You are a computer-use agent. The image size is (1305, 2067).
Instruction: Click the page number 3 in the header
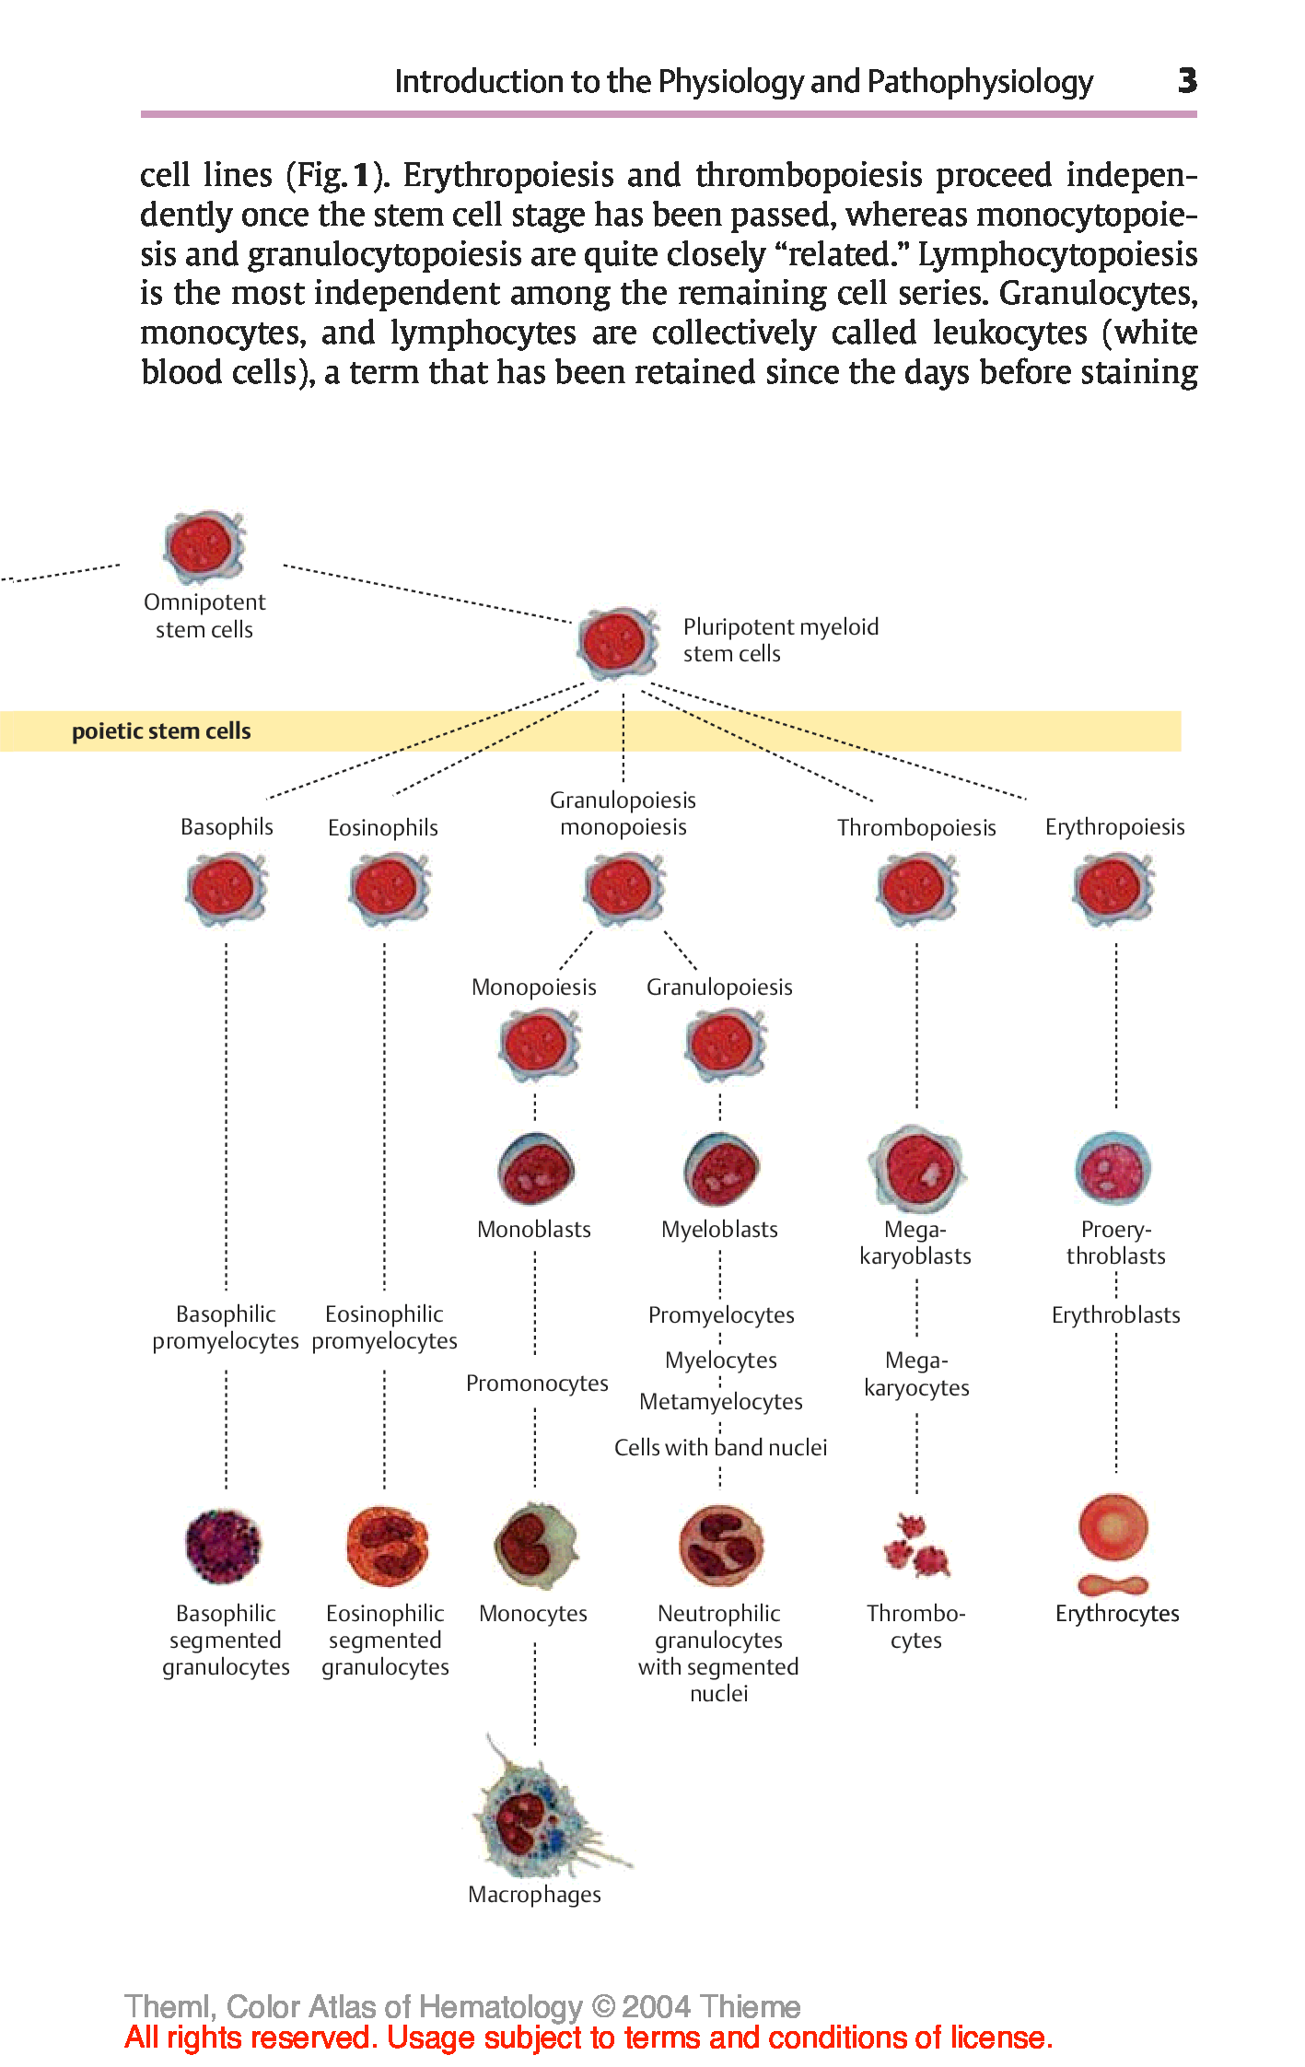coord(1187,81)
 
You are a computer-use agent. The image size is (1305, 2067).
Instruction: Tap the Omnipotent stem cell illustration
coord(204,546)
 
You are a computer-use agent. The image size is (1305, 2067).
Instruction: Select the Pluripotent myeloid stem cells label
coord(780,640)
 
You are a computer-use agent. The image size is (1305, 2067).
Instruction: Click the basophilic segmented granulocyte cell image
coord(224,1547)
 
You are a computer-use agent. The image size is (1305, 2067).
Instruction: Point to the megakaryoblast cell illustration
coord(916,1168)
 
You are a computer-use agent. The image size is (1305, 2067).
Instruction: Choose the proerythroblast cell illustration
coord(1113,1169)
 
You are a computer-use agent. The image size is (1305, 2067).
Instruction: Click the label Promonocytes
coord(537,1384)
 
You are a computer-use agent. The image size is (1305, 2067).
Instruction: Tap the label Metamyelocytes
coord(721,1402)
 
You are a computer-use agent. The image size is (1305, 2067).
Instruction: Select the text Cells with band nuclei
coord(720,1448)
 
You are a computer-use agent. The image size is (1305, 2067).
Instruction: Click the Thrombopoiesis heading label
coord(916,828)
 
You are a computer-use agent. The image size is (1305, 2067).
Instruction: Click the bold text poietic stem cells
coord(161,731)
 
